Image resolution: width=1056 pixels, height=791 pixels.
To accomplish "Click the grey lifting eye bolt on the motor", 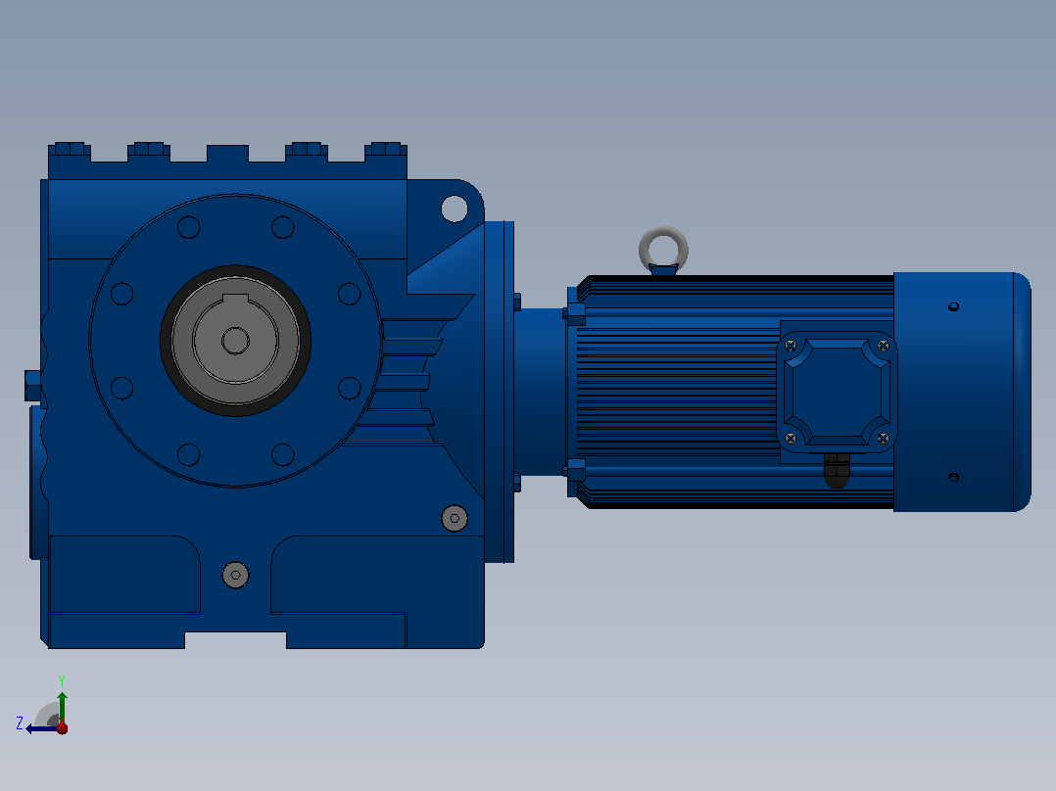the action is point(663,232).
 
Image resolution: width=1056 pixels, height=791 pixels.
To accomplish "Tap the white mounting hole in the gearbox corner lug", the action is point(455,209).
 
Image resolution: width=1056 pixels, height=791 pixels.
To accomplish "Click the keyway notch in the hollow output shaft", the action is point(236,300).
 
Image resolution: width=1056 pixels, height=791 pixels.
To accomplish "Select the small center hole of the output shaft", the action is point(236,341).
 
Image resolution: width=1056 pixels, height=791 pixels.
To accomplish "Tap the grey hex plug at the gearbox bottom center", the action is point(236,575).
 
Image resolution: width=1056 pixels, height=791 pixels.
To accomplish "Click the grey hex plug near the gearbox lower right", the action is point(455,518).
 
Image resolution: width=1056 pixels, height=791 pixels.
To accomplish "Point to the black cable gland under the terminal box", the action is point(838,470).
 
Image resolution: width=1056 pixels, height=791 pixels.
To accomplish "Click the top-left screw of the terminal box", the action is point(791,346).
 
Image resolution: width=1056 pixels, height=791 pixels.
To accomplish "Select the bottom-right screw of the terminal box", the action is point(883,439).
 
